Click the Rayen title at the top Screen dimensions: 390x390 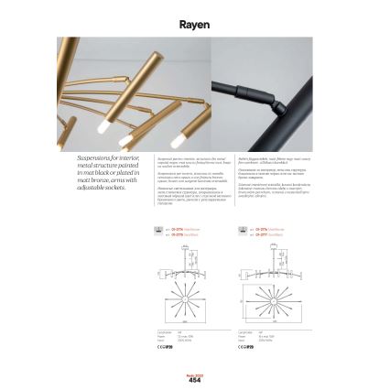[x=194, y=25]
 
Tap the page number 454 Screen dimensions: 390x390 [x=194, y=379]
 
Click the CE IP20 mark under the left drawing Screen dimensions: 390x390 [x=166, y=347]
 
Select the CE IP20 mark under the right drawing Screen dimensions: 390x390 [x=244, y=347]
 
